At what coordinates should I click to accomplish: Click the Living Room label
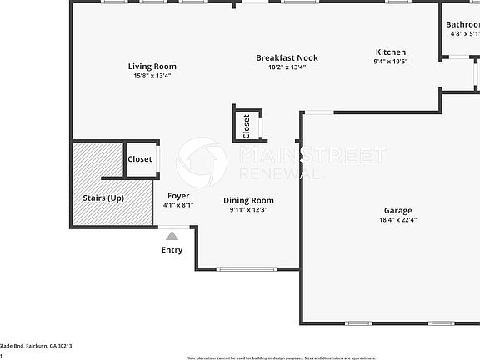click(x=152, y=67)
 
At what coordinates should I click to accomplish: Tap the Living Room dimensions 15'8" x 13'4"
click(x=152, y=76)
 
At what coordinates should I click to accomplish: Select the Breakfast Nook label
click(x=287, y=57)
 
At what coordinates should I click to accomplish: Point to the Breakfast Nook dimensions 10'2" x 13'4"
click(x=287, y=67)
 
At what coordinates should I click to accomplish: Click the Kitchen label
click(x=390, y=52)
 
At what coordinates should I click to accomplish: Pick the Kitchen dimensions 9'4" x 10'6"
click(x=390, y=61)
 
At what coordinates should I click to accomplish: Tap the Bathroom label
click(x=463, y=25)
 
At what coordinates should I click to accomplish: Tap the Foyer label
click(x=178, y=195)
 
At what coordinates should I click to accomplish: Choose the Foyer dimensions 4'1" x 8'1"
click(x=178, y=204)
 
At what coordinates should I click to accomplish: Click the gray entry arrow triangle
click(x=172, y=237)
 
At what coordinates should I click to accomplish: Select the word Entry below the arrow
click(x=172, y=250)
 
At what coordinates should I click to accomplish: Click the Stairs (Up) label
click(x=103, y=198)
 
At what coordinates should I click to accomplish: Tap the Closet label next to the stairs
click(x=140, y=159)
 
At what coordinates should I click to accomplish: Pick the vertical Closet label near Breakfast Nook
click(x=247, y=126)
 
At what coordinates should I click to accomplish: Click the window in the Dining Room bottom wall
click(x=247, y=269)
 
